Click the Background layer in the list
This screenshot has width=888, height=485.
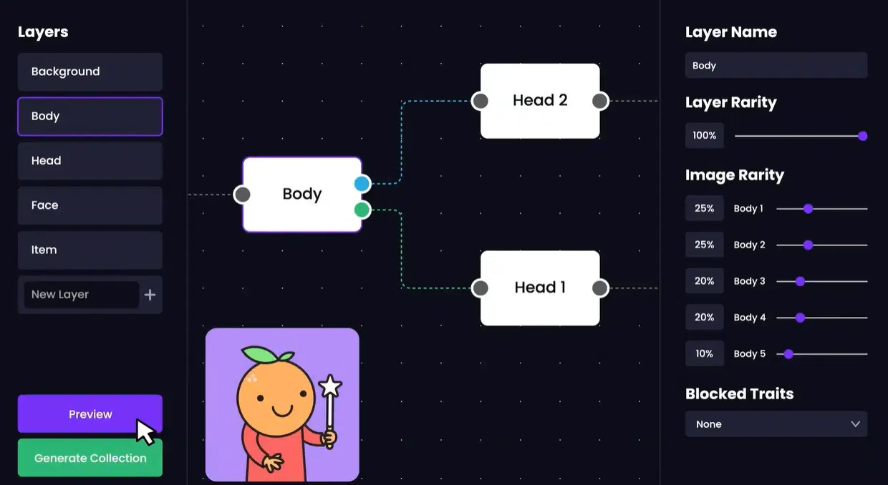[x=90, y=72]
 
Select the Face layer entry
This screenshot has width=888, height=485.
[x=90, y=205]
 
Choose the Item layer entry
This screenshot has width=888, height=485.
[x=90, y=250]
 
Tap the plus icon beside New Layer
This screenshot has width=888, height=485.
[x=150, y=295]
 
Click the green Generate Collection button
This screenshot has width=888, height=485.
[x=90, y=458]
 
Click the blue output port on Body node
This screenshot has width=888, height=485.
[x=362, y=184]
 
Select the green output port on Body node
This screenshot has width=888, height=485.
[x=362, y=210]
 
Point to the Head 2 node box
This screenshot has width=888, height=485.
[x=540, y=101]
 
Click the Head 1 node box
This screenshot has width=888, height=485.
[x=540, y=288]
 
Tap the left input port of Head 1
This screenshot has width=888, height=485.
[x=481, y=288]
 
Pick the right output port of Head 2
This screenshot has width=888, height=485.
[x=600, y=101]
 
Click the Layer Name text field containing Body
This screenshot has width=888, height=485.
[x=776, y=66]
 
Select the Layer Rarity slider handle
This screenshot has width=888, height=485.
[x=862, y=136]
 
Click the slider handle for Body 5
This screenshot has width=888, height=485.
[x=788, y=353]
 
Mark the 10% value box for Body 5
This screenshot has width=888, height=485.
[x=704, y=353]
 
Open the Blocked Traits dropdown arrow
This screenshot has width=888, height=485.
[x=855, y=424]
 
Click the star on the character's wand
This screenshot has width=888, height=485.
[x=330, y=387]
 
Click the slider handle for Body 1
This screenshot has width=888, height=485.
[x=808, y=209]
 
